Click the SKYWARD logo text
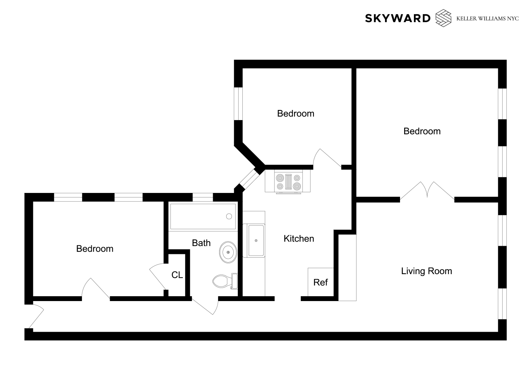click(x=397, y=18)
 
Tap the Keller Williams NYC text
click(x=487, y=18)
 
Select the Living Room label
click(x=426, y=271)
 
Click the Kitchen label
click(x=299, y=239)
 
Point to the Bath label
click(x=201, y=243)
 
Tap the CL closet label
click(x=177, y=275)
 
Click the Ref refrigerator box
click(x=321, y=282)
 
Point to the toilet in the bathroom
click(x=224, y=281)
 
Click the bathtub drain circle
click(x=229, y=217)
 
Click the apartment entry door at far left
click(x=36, y=316)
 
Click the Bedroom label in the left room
click(x=95, y=249)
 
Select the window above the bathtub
click(x=202, y=197)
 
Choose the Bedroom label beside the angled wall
click(x=296, y=114)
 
